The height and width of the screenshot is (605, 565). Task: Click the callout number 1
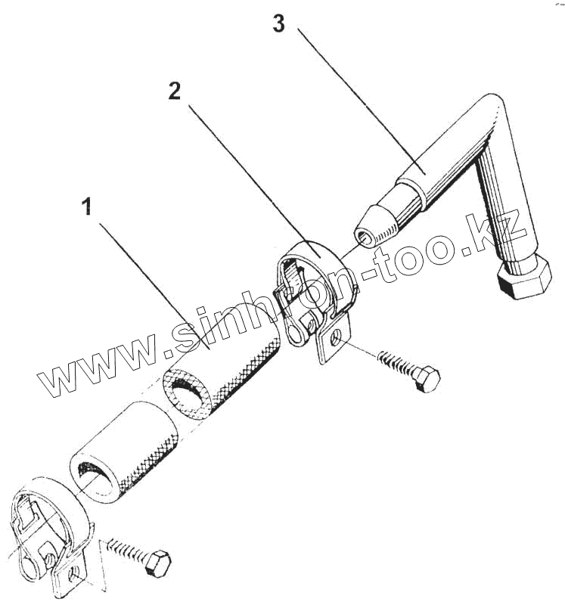tap(88, 206)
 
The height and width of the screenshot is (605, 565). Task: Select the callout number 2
tap(175, 91)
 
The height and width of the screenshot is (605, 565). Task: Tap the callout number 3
tap(279, 24)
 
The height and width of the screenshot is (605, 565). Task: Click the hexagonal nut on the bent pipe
tap(524, 278)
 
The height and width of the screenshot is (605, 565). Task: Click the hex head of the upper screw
tap(427, 378)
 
